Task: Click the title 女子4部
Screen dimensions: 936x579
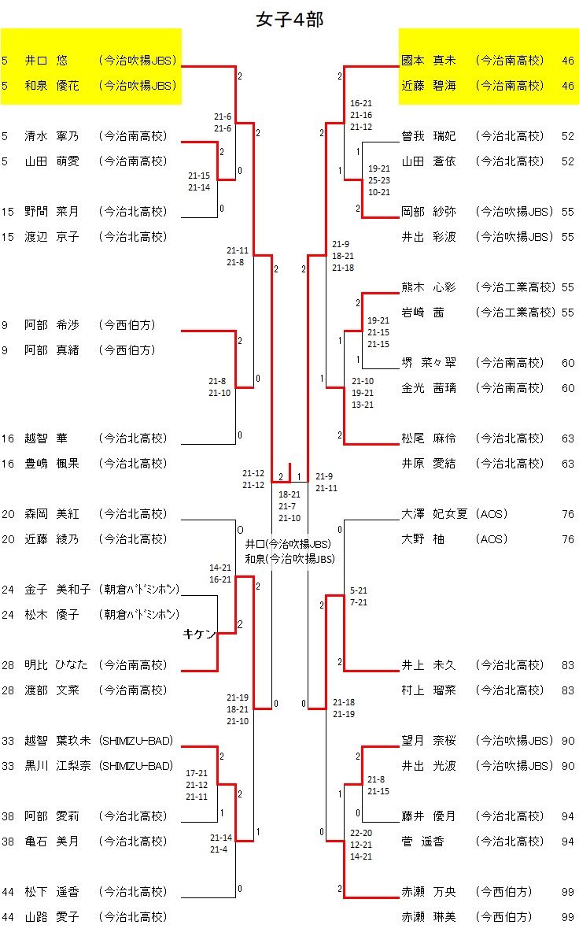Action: [x=289, y=20]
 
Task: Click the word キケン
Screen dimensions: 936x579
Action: [x=199, y=634]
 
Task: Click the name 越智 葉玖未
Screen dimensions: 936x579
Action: [x=57, y=741]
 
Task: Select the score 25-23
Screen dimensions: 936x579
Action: [x=379, y=180]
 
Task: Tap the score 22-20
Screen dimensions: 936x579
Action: [x=362, y=833]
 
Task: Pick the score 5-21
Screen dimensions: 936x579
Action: [x=359, y=590]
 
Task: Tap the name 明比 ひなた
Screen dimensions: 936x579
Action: [x=57, y=665]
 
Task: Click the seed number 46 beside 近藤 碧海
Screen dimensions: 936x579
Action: [x=568, y=85]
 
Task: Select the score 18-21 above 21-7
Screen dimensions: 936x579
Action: [x=289, y=494]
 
